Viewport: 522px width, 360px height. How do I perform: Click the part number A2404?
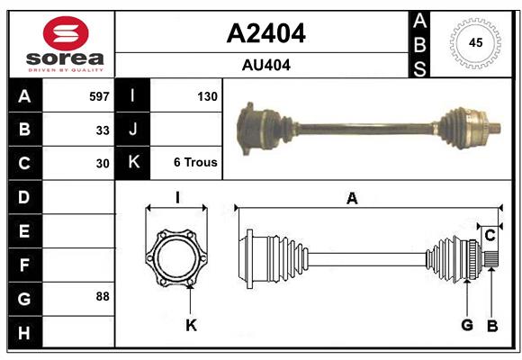pyautogui.click(x=265, y=33)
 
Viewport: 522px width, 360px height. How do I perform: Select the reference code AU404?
pyautogui.click(x=265, y=65)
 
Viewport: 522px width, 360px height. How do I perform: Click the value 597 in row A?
pyautogui.click(x=99, y=95)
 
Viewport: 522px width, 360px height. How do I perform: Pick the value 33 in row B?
pyautogui.click(x=103, y=130)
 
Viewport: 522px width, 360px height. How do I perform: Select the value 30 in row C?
pyautogui.click(x=103, y=164)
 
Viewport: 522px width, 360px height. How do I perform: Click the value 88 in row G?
pyautogui.click(x=103, y=296)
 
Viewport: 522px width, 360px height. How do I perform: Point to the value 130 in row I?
pyautogui.click(x=206, y=95)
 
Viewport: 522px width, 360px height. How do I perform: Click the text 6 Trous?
pyautogui.click(x=195, y=163)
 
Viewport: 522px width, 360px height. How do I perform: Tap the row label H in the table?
pyautogui.click(x=24, y=332)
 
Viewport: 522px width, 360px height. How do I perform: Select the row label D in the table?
pyautogui.click(x=24, y=197)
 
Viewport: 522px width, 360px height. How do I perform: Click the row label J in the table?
pyautogui.click(x=133, y=130)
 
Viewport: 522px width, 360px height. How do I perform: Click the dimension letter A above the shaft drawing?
pyautogui.click(x=352, y=199)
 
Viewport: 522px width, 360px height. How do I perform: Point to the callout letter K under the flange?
pyautogui.click(x=191, y=325)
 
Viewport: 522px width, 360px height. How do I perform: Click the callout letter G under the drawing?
pyautogui.click(x=467, y=325)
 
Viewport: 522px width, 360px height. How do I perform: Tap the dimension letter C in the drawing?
pyautogui.click(x=490, y=236)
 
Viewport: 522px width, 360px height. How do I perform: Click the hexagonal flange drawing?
pyautogui.click(x=176, y=258)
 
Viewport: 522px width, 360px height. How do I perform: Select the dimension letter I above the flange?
pyautogui.click(x=177, y=198)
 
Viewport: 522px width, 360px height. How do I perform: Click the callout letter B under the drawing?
pyautogui.click(x=491, y=325)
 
